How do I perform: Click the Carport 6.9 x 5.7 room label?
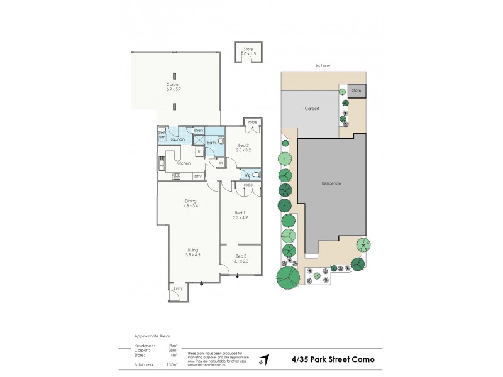pos(174,87)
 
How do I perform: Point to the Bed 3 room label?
pos(241,259)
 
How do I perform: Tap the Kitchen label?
pos(183,163)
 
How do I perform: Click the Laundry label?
pos(178,139)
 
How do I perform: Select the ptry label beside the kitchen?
pos(197,176)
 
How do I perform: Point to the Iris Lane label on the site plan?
pos(323,64)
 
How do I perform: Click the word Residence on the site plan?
pos(331,183)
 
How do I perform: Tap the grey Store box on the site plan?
pos(357,91)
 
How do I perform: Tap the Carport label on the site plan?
pos(312,108)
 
